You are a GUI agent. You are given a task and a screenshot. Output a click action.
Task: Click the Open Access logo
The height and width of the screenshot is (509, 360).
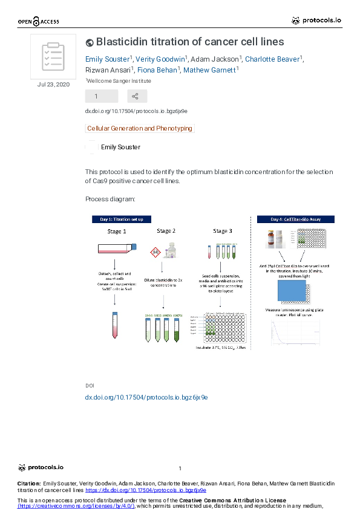coord(38,21)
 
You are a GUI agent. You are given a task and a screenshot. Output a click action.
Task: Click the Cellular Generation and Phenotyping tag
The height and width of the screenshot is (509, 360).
coord(140,128)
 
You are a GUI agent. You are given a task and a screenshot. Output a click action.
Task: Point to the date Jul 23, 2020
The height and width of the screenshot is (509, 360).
coord(53,84)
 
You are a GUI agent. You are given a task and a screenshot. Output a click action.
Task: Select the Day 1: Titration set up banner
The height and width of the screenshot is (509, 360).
coord(122,219)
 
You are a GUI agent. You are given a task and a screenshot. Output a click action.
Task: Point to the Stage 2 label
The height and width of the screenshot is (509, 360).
coord(166,231)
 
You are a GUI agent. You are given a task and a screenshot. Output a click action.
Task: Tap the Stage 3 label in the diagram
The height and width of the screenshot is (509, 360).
coord(222,231)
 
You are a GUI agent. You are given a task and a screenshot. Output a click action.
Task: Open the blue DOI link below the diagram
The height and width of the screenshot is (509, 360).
coord(146,397)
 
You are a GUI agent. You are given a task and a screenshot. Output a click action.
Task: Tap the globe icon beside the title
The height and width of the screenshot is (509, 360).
coord(90,42)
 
